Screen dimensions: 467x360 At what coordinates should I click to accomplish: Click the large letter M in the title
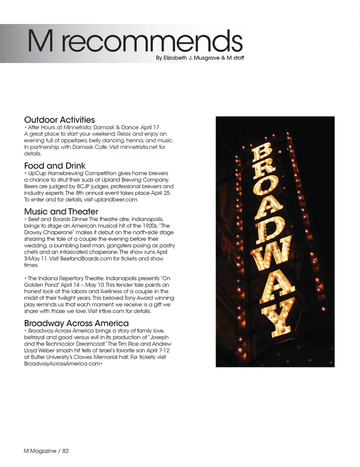(40, 41)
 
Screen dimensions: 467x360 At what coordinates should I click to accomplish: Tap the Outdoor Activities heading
(59, 120)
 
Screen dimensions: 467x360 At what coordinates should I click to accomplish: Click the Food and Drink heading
(55, 166)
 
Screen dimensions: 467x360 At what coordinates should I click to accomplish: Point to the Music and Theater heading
(61, 212)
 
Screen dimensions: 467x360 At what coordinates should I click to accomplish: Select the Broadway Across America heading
(76, 323)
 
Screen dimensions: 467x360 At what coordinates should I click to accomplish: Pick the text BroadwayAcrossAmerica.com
(62, 364)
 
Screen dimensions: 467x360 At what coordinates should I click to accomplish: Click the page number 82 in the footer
(66, 451)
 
